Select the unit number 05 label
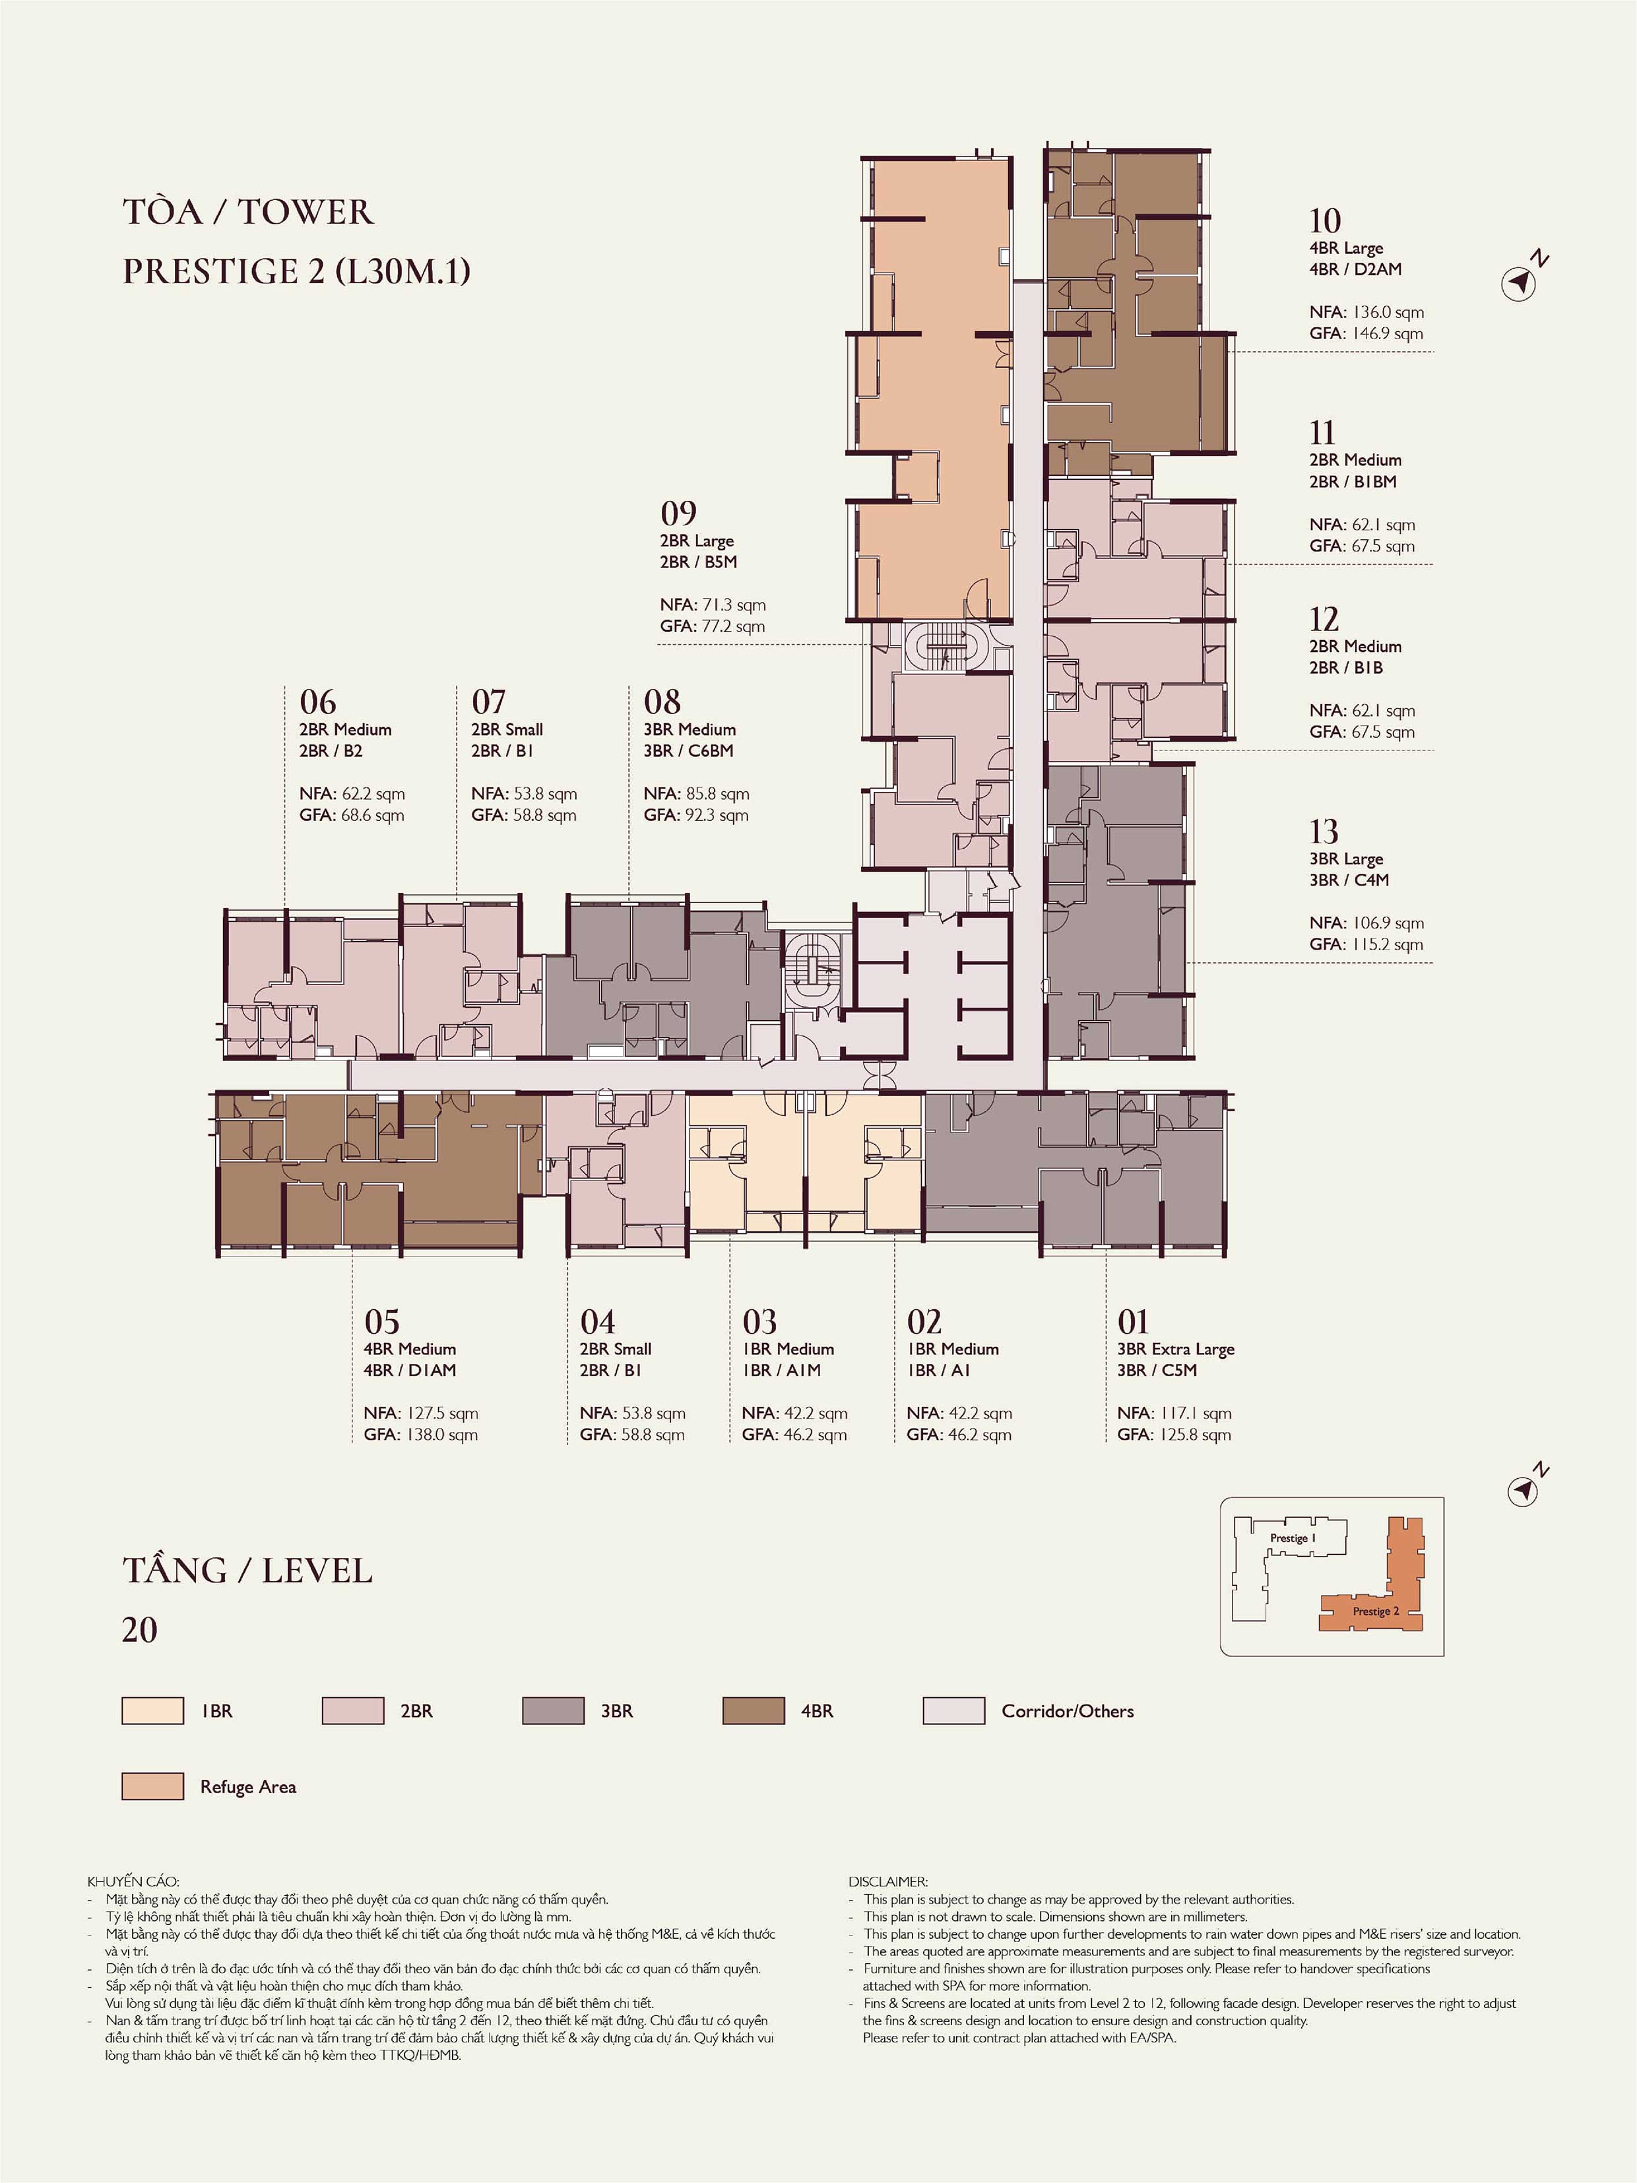(x=382, y=1320)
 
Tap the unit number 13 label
(x=1323, y=831)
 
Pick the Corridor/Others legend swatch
(x=953, y=1711)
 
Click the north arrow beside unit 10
(x=1521, y=282)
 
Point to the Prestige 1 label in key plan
(x=1292, y=1538)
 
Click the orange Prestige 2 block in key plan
(x=1372, y=1611)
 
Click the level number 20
(x=139, y=1629)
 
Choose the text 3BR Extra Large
(x=1175, y=1348)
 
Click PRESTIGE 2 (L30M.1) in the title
(x=296, y=271)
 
